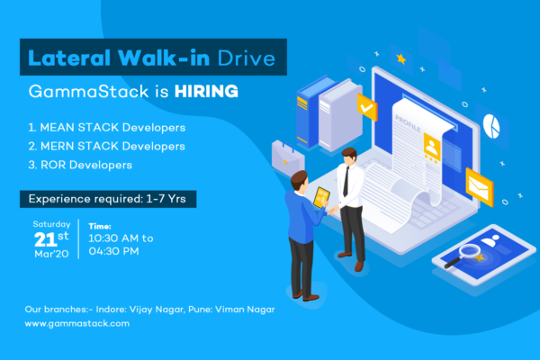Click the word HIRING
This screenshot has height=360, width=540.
click(206, 91)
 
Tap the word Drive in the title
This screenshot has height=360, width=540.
click(247, 58)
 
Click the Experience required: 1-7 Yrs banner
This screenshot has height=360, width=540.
click(108, 199)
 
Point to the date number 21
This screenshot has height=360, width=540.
click(45, 239)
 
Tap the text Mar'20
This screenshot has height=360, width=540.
click(51, 254)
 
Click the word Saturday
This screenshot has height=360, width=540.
click(51, 224)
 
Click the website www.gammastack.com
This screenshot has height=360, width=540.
click(77, 323)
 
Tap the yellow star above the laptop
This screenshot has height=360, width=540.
click(400, 58)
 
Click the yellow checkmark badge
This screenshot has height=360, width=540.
click(367, 107)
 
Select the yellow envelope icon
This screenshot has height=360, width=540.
click(480, 186)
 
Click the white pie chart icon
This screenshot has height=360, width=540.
click(491, 126)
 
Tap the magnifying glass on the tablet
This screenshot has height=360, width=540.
click(463, 255)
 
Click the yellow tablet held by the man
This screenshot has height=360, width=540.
click(321, 197)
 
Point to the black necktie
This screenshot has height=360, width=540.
click(346, 182)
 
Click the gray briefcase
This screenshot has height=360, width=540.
click(288, 158)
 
